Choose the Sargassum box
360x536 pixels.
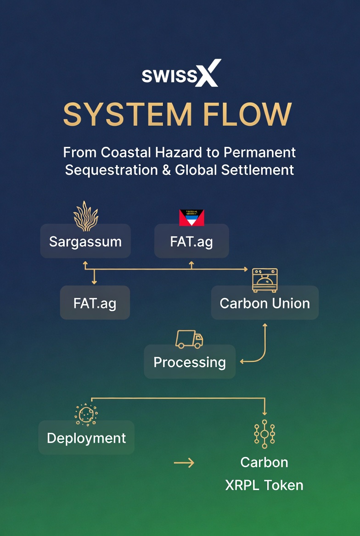tap(85, 241)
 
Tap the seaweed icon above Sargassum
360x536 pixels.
tap(86, 216)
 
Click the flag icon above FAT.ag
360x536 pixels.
tap(191, 218)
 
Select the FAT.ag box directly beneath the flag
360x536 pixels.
tap(191, 241)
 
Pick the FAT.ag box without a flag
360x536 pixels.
tap(95, 303)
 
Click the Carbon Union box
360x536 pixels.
tap(264, 303)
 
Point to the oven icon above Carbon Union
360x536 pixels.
tap(264, 280)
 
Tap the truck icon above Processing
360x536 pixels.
tap(189, 340)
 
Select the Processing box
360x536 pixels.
tap(190, 362)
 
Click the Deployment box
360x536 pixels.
tap(86, 438)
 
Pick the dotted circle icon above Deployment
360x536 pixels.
tap(86, 414)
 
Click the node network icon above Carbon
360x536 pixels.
tap(264, 434)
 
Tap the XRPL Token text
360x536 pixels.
tap(264, 486)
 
